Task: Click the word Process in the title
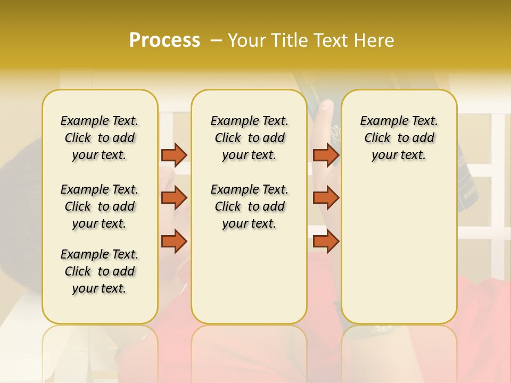[164, 40]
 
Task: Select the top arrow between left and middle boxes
[174, 155]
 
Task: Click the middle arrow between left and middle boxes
[174, 198]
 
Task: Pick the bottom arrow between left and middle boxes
[174, 242]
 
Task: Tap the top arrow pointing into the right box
[326, 155]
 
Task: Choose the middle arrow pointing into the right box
[326, 198]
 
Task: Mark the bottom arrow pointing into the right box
[326, 242]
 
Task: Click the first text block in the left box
[100, 138]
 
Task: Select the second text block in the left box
[100, 206]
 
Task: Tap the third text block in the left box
[100, 271]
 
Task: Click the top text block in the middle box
[249, 138]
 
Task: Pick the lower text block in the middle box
[249, 206]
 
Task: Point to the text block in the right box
[399, 138]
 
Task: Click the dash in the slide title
[216, 40]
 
